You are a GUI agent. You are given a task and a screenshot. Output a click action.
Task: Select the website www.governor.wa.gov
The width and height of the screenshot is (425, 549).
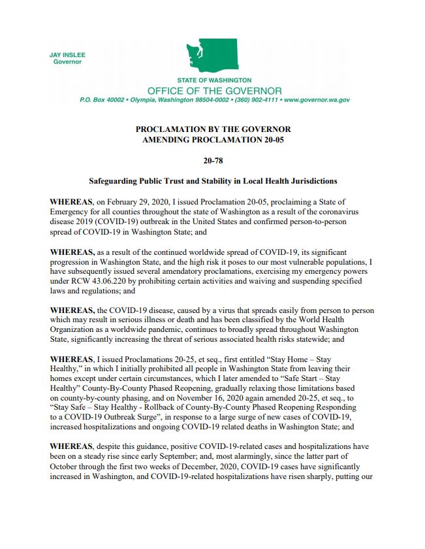pos(317,100)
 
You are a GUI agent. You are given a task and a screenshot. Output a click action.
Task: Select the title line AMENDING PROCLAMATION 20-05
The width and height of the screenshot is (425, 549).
pos(213,139)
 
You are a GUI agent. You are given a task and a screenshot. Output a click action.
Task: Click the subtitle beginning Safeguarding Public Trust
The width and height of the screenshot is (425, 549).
pos(213,180)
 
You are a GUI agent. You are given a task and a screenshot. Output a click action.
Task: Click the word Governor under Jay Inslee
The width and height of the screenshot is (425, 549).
pos(67,62)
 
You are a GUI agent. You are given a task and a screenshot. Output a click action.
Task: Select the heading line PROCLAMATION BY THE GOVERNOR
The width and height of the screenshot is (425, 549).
pos(213,129)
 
